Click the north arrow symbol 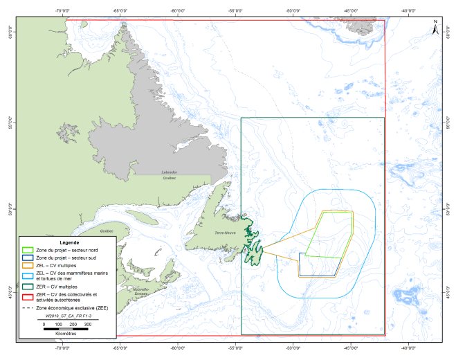tap(435, 28)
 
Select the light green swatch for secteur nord tap(28, 251)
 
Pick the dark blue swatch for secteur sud tap(28, 258)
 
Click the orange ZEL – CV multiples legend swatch tap(28, 266)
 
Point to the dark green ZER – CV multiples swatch tap(28, 286)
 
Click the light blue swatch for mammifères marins tap(28, 273)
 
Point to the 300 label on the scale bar tap(88, 323)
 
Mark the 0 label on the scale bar tap(44, 323)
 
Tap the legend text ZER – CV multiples tap(59, 286)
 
